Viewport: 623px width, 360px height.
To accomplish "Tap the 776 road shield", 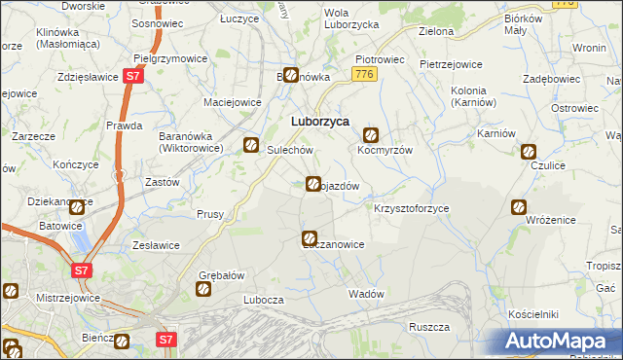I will [365, 74].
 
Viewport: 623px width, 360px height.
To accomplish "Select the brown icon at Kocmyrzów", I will [371, 135].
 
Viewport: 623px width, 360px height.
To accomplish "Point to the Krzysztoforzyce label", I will [411, 209].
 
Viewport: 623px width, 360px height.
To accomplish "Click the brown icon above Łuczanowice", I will [310, 237].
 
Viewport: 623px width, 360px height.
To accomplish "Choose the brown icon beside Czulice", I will [529, 151].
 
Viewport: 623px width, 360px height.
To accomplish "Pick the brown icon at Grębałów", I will [204, 288].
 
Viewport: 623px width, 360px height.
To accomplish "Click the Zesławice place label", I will [152, 245].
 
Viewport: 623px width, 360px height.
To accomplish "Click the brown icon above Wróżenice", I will [519, 206].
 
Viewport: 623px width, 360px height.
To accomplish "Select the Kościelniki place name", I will [532, 315].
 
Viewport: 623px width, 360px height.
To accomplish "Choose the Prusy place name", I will [210, 214].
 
